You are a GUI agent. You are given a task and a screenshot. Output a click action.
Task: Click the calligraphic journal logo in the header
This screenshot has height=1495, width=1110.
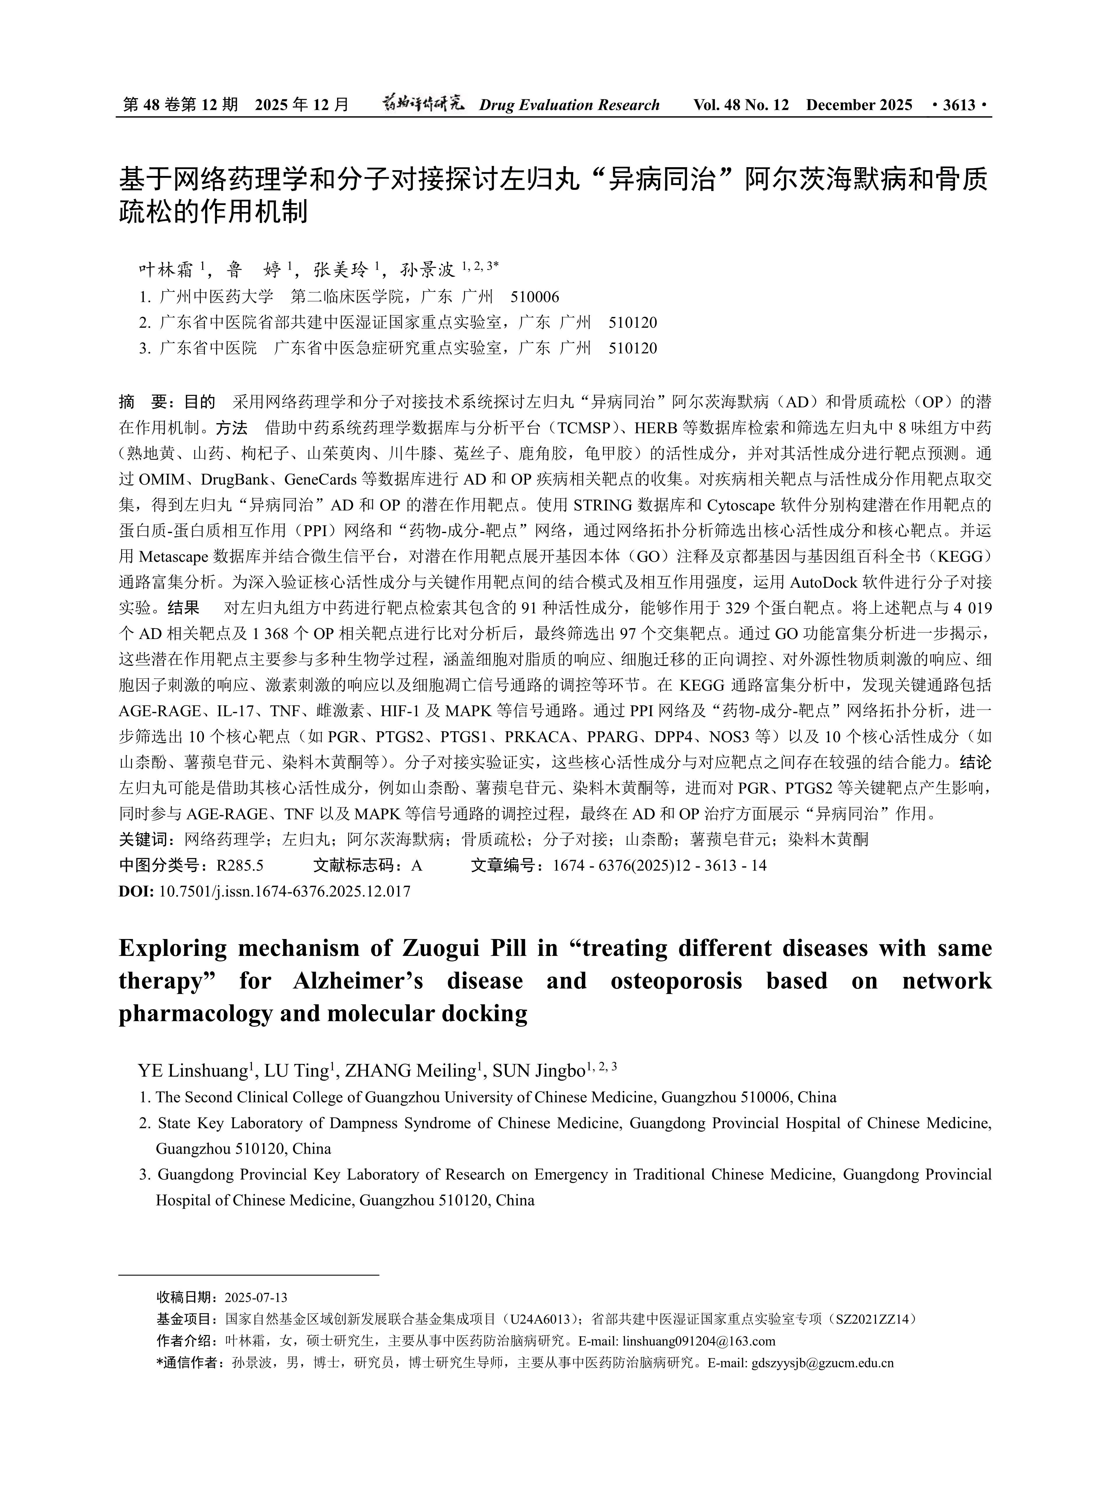(423, 104)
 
